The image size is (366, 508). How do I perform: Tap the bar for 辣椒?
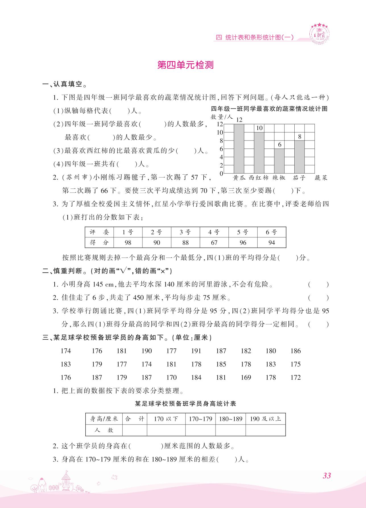coord(279,161)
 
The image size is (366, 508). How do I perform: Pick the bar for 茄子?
coord(299,157)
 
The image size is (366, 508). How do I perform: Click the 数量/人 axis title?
coord(222,117)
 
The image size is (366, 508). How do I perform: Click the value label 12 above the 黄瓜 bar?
coord(239,120)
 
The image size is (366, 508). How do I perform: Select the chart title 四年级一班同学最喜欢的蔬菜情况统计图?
coord(269,109)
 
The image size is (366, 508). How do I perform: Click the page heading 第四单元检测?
coord(185,65)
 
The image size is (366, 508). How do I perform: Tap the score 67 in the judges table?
coord(214,242)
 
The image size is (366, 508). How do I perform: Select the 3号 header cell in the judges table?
coord(185,232)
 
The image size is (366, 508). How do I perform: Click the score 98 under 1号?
coord(128,242)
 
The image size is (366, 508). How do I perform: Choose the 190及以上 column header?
coord(265,419)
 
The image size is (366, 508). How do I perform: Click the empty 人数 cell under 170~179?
coord(200,430)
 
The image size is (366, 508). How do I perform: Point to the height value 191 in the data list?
coord(196,351)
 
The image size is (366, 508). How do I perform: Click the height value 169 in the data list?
coord(246,377)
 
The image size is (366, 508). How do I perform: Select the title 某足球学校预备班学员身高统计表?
coord(185,404)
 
